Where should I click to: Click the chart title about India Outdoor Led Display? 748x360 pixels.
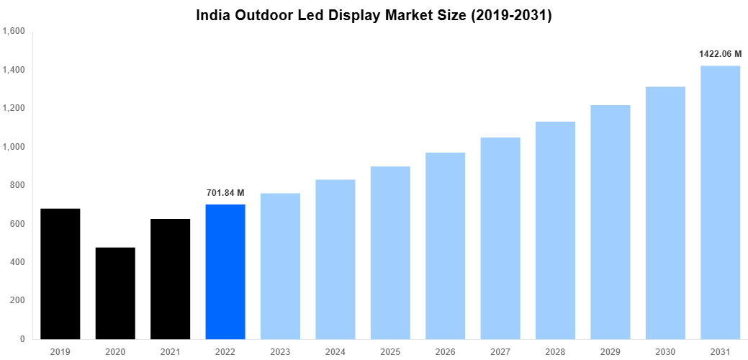(x=374, y=15)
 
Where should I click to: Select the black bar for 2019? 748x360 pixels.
(x=60, y=274)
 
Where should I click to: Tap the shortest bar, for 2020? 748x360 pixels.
(x=115, y=293)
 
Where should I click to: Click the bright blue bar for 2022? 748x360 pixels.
(x=225, y=271)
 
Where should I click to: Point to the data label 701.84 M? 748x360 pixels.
(x=225, y=193)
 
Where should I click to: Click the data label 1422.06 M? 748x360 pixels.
(x=720, y=54)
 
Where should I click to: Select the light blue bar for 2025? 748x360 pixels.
(x=390, y=252)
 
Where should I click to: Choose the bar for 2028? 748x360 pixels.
(x=555, y=230)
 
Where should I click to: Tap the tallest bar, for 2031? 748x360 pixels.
(x=720, y=202)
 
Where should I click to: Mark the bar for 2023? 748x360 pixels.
(x=280, y=266)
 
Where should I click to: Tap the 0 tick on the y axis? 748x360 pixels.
(x=22, y=339)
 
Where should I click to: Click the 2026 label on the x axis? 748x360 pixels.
(x=445, y=351)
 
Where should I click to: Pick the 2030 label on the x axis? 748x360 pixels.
(x=665, y=351)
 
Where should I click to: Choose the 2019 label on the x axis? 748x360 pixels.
(x=60, y=351)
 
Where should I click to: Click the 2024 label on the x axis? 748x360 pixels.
(x=335, y=351)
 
